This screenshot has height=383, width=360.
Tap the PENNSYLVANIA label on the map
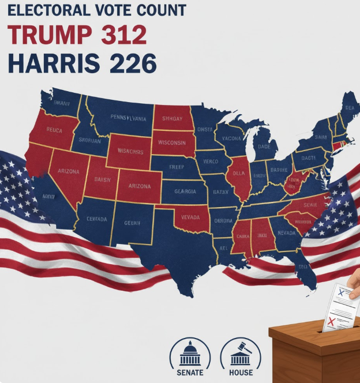(119, 117)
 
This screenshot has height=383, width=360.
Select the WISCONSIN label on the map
(171, 142)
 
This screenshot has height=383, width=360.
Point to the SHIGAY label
(172, 119)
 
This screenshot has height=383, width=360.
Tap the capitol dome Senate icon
(190, 351)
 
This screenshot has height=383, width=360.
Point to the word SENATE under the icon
(190, 373)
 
